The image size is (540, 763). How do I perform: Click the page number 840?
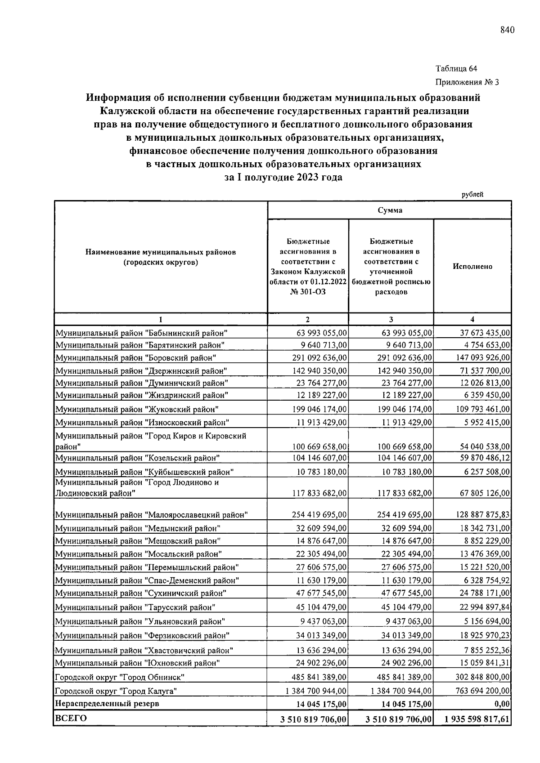(506, 30)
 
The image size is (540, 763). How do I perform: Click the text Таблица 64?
(456, 69)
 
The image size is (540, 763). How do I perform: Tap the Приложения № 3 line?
(467, 82)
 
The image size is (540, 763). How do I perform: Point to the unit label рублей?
(472, 195)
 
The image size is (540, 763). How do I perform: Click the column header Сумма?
(390, 210)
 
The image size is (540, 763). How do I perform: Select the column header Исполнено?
(472, 266)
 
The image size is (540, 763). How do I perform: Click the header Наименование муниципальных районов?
(161, 252)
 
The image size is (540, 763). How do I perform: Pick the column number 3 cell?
(391, 319)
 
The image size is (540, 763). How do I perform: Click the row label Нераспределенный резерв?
(107, 703)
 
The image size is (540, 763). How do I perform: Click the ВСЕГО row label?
(71, 718)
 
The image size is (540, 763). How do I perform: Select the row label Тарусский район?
(135, 607)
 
